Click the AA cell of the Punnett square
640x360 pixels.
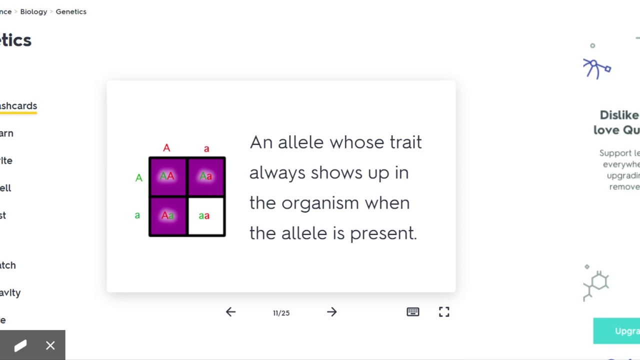click(167, 176)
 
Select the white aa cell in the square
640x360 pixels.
click(205, 216)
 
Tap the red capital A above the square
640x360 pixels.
click(166, 148)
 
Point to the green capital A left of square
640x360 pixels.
click(139, 177)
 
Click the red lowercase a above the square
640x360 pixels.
click(206, 148)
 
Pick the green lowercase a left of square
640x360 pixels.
click(137, 215)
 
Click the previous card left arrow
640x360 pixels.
click(230, 312)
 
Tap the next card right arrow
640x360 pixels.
click(332, 312)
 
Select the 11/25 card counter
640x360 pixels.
click(281, 313)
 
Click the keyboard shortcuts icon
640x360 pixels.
click(413, 312)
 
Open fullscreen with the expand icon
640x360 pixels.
click(444, 312)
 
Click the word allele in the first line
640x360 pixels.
click(300, 142)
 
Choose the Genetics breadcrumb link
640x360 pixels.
click(71, 11)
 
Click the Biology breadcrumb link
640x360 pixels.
click(33, 11)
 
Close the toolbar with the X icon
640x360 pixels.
click(50, 345)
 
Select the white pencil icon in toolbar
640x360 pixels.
click(20, 345)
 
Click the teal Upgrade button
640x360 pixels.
click(617, 331)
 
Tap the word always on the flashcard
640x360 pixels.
click(277, 173)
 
